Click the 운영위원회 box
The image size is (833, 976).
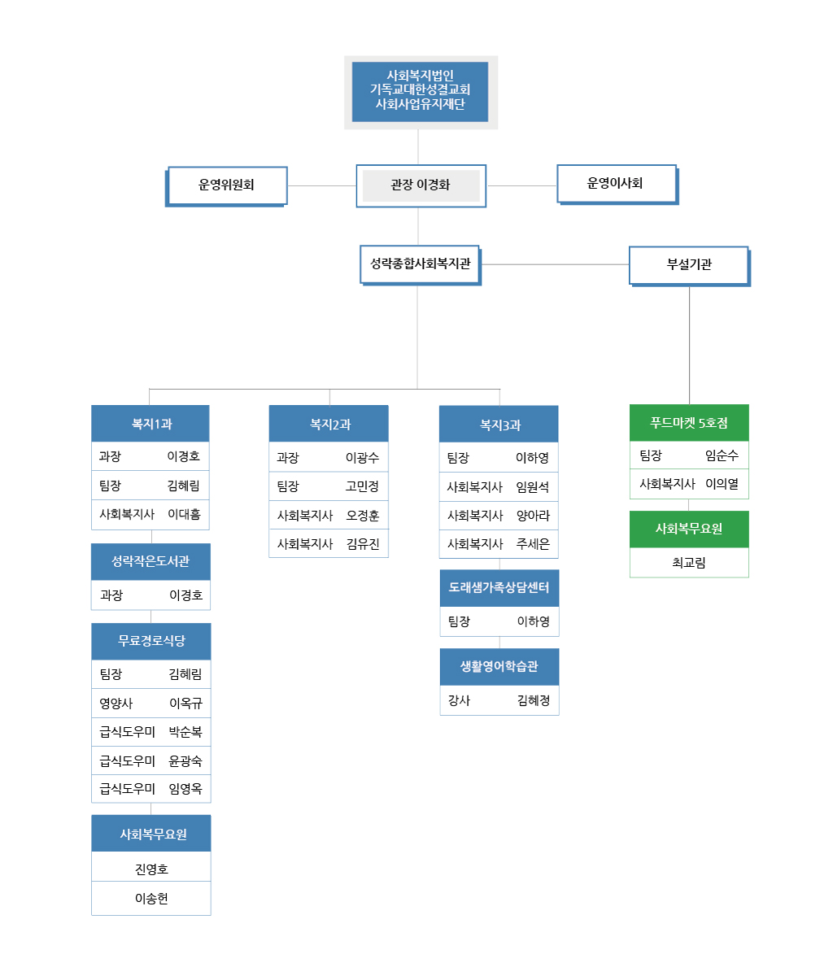(226, 186)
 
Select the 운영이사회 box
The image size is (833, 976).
(617, 184)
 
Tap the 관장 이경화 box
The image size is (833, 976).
(421, 185)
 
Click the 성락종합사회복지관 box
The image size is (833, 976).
(421, 265)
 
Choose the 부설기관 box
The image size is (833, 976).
(690, 266)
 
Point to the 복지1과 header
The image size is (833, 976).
(150, 424)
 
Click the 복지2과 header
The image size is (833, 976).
(329, 424)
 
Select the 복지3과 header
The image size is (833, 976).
(499, 424)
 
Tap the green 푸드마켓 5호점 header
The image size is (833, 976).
(689, 423)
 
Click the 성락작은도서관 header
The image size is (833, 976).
(150, 561)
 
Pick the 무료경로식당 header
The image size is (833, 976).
(151, 641)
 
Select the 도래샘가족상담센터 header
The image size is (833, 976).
(499, 588)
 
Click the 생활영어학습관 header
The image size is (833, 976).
(499, 667)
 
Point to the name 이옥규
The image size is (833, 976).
(185, 703)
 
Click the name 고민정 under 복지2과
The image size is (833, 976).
(362, 486)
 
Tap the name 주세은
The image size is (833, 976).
(533, 544)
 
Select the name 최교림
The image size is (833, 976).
(689, 562)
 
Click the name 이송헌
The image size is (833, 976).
(151, 898)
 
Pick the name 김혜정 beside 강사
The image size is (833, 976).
(534, 700)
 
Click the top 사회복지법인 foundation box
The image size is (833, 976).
(421, 92)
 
